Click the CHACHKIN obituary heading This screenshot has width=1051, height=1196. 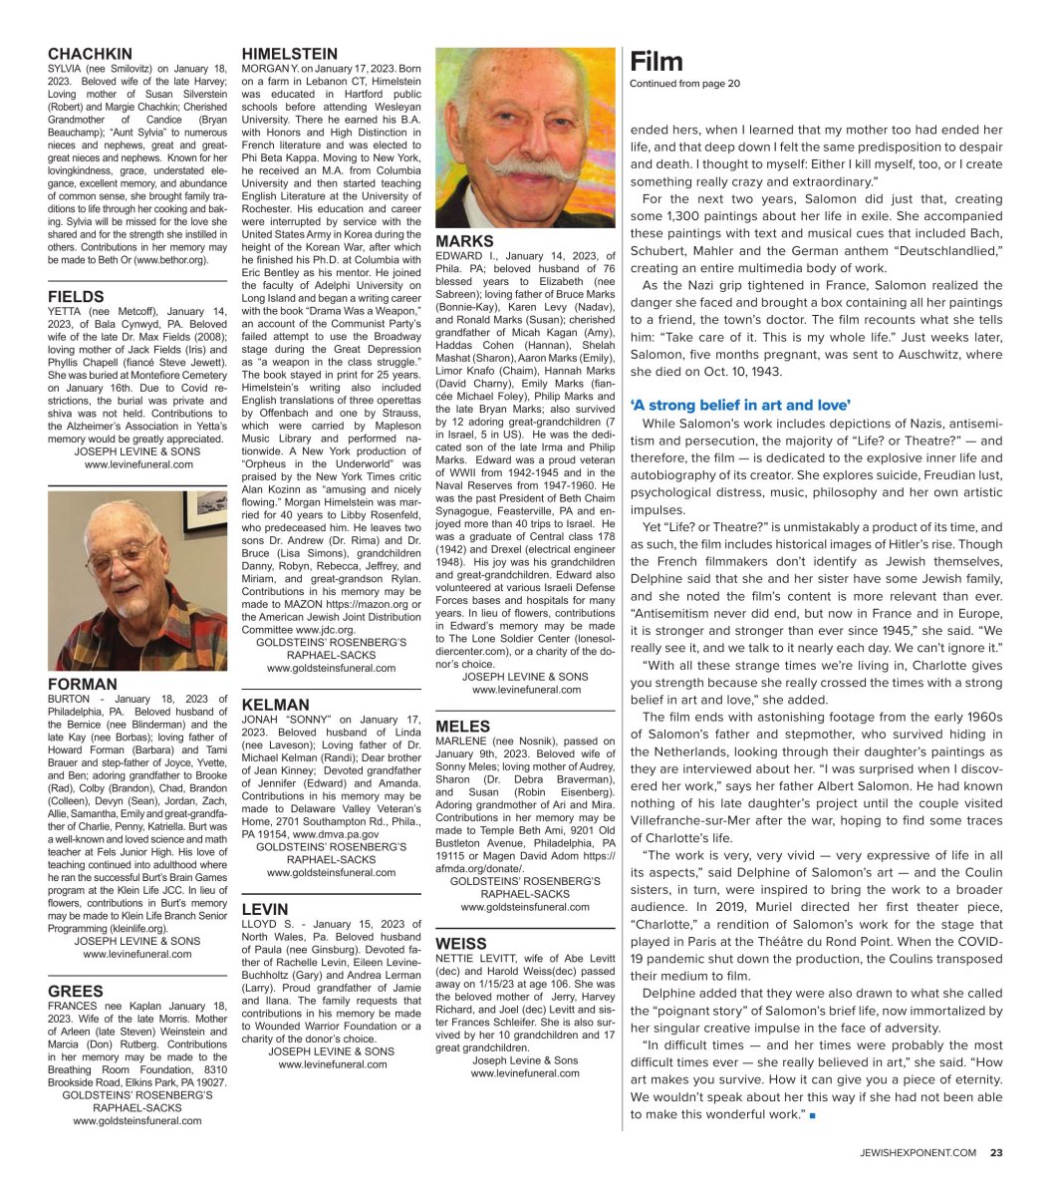click(x=90, y=54)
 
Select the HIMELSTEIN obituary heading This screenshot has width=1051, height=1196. click(x=290, y=54)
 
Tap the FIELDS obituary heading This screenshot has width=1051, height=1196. click(x=76, y=296)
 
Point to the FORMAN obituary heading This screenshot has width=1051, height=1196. click(x=83, y=685)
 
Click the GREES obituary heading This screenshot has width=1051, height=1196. click(x=76, y=991)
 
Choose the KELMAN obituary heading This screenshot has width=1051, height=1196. click(x=276, y=705)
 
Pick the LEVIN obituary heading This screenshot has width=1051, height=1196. click(x=265, y=909)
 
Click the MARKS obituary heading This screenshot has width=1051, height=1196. click(x=464, y=242)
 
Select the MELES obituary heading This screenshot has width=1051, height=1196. click(x=463, y=727)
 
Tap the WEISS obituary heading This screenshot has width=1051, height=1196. click(x=461, y=943)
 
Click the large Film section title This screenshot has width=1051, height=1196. click(x=656, y=62)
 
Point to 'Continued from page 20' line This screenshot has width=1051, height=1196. click(x=684, y=84)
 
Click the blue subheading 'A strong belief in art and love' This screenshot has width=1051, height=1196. click(x=740, y=405)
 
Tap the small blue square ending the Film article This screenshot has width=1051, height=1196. click(x=813, y=1114)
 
